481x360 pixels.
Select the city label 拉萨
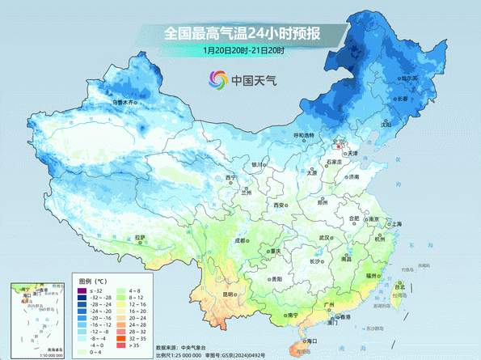[x=140, y=237]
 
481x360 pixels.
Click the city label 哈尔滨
[x=415, y=78]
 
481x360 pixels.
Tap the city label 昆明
[x=229, y=294]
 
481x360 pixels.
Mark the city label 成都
[x=240, y=240]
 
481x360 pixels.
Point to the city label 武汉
[x=325, y=238]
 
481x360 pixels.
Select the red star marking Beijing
[x=338, y=148]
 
